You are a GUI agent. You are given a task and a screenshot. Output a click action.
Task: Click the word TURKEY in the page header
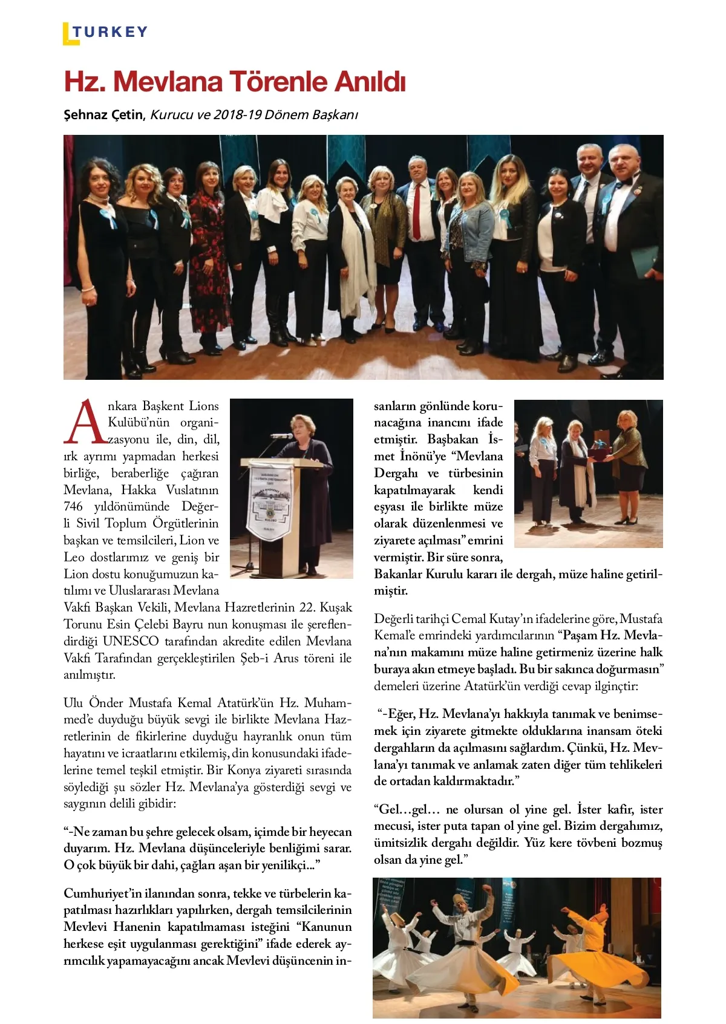111,32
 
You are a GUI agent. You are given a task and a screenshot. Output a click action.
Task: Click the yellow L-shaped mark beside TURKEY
68,35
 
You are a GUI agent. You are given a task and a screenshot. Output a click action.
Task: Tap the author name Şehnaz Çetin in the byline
103,114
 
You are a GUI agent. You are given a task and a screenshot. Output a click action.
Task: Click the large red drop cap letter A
86,422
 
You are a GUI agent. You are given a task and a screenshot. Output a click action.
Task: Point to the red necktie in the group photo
417,212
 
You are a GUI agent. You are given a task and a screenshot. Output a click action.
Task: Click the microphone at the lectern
280,435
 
